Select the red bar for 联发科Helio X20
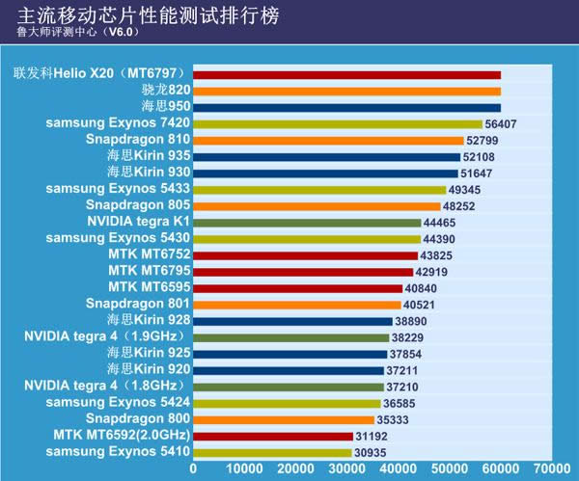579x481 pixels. click(347, 74)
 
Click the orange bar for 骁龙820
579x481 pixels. click(347, 91)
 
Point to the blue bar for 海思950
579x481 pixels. click(347, 107)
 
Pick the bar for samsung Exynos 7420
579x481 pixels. click(338, 123)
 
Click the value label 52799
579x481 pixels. click(486, 140)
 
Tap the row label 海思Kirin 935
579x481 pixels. click(149, 156)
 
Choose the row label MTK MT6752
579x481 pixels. click(150, 254)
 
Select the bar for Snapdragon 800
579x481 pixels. click(284, 419)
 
